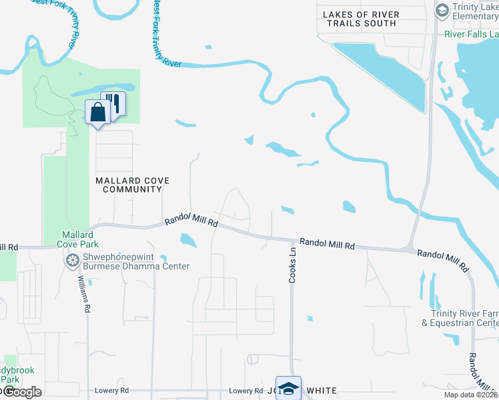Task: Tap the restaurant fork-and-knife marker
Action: [x=114, y=104]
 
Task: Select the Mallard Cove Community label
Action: [x=132, y=185]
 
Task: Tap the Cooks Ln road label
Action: [x=292, y=266]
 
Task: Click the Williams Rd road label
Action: [x=84, y=295]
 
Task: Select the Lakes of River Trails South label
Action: [x=361, y=19]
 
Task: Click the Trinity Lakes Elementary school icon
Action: [x=441, y=9]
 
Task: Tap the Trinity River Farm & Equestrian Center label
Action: [x=464, y=318]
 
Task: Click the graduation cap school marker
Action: [x=288, y=388]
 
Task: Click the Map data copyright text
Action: [x=471, y=395]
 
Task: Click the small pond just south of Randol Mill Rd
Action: [x=188, y=240]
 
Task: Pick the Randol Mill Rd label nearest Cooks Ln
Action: [x=326, y=244]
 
